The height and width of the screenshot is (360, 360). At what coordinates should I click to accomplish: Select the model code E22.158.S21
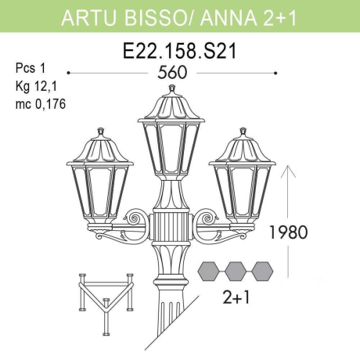181,52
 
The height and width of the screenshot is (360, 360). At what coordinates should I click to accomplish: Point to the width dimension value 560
179,74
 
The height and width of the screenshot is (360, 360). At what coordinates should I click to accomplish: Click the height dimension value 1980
289,232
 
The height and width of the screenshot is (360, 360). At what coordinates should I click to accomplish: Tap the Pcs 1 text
31,69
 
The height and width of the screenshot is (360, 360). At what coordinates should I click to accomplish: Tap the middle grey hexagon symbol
236,272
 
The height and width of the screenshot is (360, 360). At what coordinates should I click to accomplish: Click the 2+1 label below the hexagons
235,298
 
